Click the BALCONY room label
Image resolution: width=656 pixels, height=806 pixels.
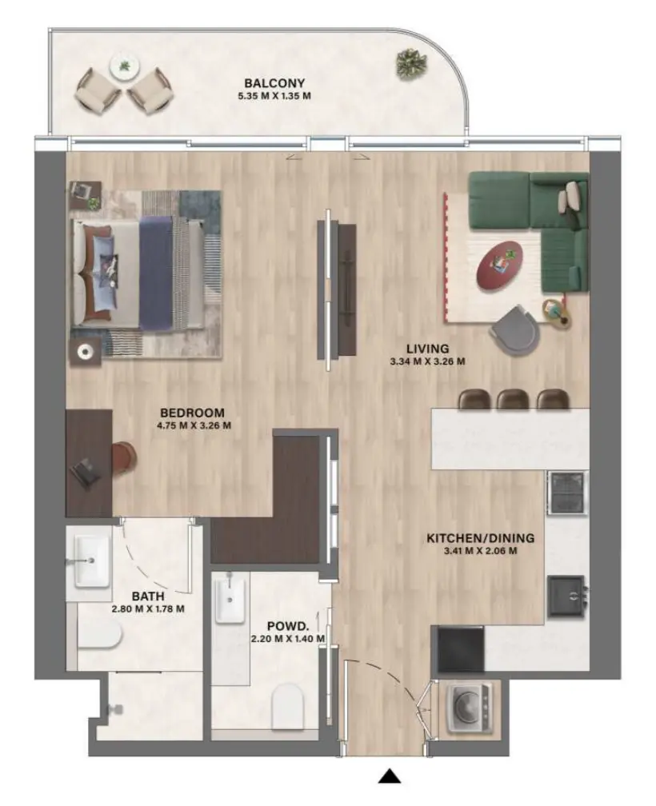[274, 83]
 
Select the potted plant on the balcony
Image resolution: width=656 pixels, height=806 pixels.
[411, 62]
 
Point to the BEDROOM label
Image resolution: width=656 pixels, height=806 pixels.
[193, 413]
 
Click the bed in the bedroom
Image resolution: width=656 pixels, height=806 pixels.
[136, 271]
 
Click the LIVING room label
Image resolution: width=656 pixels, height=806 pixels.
[427, 349]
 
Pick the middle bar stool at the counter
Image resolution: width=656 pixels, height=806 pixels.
[512, 398]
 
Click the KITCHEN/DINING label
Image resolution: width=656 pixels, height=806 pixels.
[480, 538]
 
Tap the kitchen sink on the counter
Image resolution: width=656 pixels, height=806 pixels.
[568, 595]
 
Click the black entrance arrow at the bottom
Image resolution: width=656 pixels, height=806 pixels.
[390, 775]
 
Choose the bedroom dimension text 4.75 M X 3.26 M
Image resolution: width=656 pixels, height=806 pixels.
[193, 425]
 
